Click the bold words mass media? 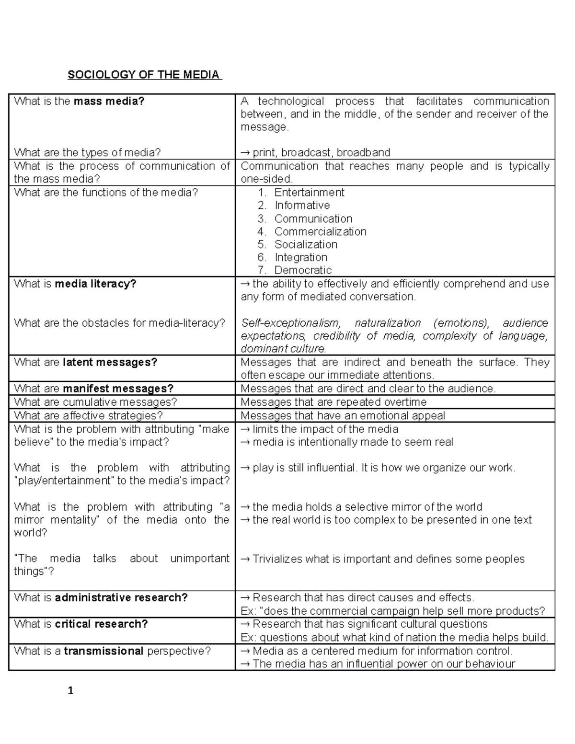click(x=109, y=101)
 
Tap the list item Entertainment click(x=309, y=193)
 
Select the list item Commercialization click(x=320, y=232)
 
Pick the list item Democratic click(x=303, y=270)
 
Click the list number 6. click(x=262, y=257)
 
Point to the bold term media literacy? click(x=95, y=284)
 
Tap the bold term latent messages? click(x=110, y=362)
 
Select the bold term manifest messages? click(x=118, y=389)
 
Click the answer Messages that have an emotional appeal click(x=343, y=415)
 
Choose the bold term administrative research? click(x=121, y=597)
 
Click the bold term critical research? click(x=101, y=624)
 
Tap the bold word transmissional click(x=103, y=651)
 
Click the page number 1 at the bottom click(x=71, y=691)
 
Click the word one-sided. click(x=266, y=179)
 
